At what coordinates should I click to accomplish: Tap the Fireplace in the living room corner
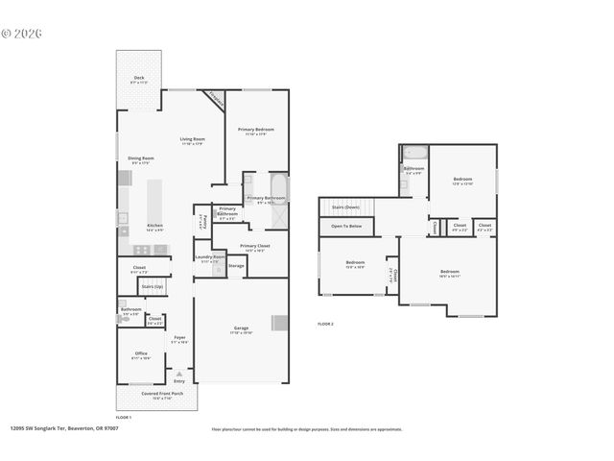click(x=215, y=98)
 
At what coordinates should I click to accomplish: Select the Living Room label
click(x=193, y=139)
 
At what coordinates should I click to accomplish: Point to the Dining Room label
click(x=141, y=158)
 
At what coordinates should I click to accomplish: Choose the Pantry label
click(x=203, y=221)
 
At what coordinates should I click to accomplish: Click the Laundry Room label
click(x=209, y=257)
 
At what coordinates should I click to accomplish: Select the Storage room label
click(x=236, y=265)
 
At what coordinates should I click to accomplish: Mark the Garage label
click(x=241, y=328)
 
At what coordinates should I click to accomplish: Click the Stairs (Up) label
click(x=152, y=286)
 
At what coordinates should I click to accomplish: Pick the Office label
click(x=141, y=353)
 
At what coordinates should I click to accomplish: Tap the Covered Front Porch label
click(x=155, y=395)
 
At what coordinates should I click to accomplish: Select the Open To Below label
click(x=345, y=226)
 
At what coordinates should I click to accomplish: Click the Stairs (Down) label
click(x=345, y=206)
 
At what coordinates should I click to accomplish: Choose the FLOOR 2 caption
click(x=326, y=325)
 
